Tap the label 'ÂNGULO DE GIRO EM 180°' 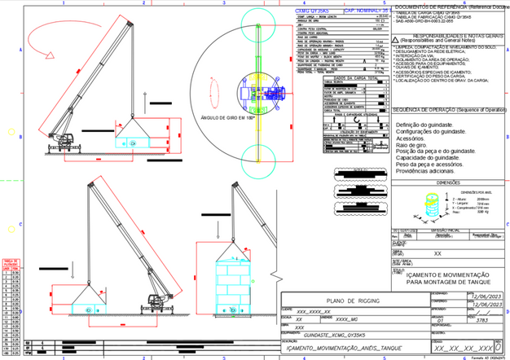(x=227, y=118)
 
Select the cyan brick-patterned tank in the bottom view (x=234, y=287)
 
